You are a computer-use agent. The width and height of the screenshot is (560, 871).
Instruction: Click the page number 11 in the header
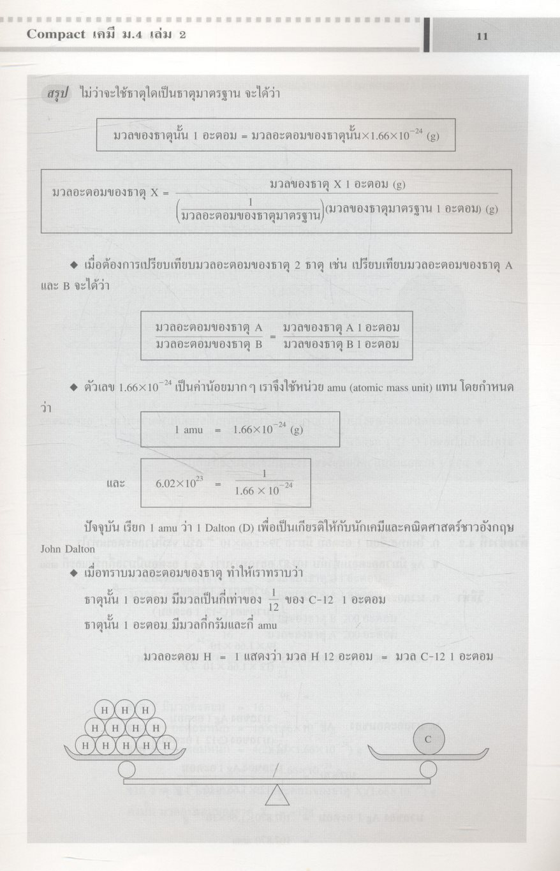pos(482,36)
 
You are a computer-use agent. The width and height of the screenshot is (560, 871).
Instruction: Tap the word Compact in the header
pos(55,34)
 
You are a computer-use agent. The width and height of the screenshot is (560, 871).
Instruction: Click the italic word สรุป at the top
pos(57,94)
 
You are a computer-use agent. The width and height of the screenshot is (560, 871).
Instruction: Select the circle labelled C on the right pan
pos(428,740)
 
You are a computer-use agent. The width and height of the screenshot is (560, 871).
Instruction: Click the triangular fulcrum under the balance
pos(276,795)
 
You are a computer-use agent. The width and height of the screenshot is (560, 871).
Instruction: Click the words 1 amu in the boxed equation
pos(189,429)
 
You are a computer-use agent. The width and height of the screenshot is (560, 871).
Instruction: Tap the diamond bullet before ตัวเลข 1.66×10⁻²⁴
pos(74,387)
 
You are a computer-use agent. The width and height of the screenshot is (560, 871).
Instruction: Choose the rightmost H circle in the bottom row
pos(166,744)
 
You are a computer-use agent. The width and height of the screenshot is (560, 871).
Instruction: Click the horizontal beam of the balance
pos(276,781)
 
